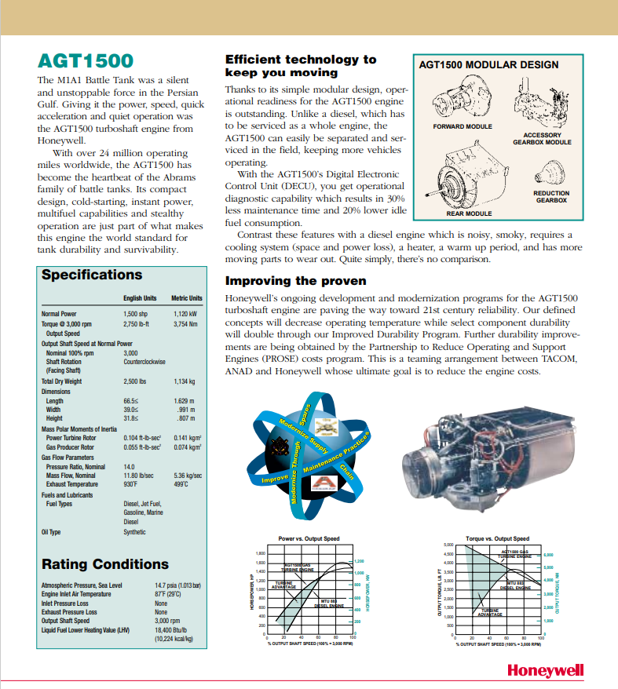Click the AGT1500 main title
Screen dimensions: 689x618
(x=85, y=62)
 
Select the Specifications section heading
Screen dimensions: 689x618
(x=92, y=275)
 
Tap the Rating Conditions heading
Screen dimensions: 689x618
(x=104, y=564)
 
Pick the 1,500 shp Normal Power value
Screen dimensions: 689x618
(x=136, y=313)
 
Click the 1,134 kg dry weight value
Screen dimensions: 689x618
(x=185, y=381)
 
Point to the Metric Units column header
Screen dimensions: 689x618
(x=187, y=298)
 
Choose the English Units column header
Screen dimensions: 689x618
(x=140, y=298)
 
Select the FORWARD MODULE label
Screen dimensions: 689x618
(x=463, y=126)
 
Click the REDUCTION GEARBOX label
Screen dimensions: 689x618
(x=551, y=197)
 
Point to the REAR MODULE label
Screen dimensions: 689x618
(x=468, y=213)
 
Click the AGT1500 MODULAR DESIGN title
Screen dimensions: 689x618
(x=489, y=65)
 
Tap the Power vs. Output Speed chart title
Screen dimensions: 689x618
(x=309, y=538)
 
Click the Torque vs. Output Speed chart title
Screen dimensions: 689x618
(x=497, y=538)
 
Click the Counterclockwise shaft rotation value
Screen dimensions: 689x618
(x=146, y=362)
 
